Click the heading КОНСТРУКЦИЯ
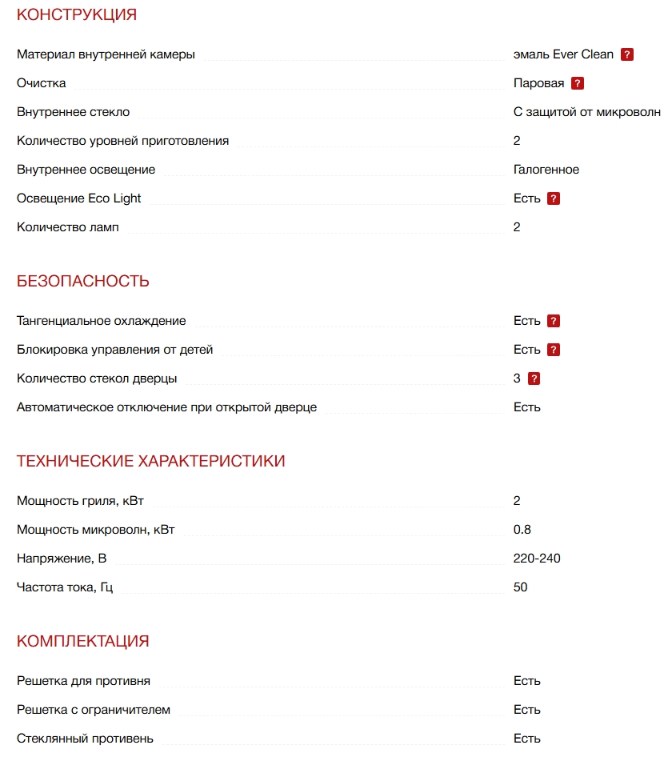pyautogui.click(x=77, y=14)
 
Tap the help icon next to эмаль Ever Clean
pyautogui.click(x=627, y=54)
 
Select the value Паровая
pyautogui.click(x=538, y=83)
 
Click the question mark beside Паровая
pyautogui.click(x=578, y=83)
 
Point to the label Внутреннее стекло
pyautogui.click(x=73, y=112)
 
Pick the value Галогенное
pyautogui.click(x=546, y=170)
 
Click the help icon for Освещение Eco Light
pyautogui.click(x=554, y=198)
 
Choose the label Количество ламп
pyautogui.click(x=68, y=227)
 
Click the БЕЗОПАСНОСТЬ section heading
pyautogui.click(x=83, y=281)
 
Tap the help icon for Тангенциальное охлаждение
pyautogui.click(x=554, y=321)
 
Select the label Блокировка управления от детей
pyautogui.click(x=114, y=350)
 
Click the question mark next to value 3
pyautogui.click(x=534, y=378)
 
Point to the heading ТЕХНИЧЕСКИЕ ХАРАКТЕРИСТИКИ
pyautogui.click(x=151, y=461)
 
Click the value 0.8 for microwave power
pyautogui.click(x=522, y=530)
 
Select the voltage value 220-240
pyautogui.click(x=537, y=559)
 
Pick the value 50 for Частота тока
pyautogui.click(x=521, y=587)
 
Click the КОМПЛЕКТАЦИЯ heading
pyautogui.click(x=83, y=641)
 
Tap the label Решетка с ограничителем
pyautogui.click(x=94, y=710)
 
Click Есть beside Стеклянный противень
pyautogui.click(x=527, y=739)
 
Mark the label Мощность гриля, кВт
pyautogui.click(x=80, y=501)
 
